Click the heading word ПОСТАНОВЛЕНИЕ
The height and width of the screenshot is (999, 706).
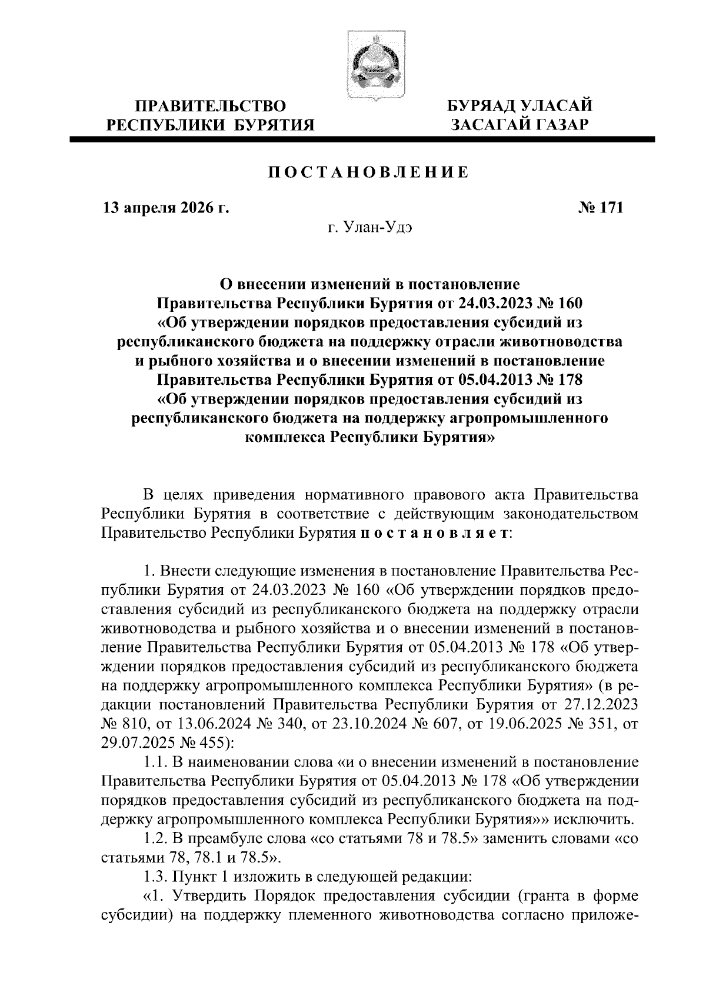tap(369, 172)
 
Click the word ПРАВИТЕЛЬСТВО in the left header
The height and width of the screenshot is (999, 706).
tap(211, 107)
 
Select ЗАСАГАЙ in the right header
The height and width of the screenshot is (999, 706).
tap(492, 124)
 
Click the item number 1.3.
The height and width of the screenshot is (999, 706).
tap(156, 876)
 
